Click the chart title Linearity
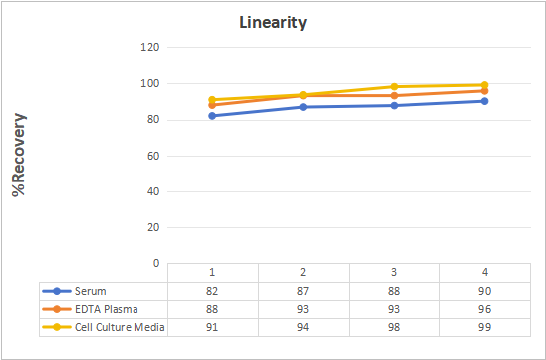point(273,23)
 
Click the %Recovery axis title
point(19,155)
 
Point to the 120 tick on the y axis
point(150,47)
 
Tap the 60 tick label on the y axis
point(153,156)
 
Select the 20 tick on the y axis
point(153,227)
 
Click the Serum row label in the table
point(91,291)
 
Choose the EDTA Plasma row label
point(107,309)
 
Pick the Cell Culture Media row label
point(120,327)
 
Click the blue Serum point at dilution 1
point(212,116)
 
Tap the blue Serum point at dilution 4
point(484,101)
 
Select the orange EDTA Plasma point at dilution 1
point(212,105)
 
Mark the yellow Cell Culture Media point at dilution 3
point(394,87)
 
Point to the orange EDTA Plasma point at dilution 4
point(484,91)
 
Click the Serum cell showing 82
point(212,291)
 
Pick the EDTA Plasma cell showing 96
point(484,309)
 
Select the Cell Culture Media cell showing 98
point(394,327)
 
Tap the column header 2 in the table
point(303,272)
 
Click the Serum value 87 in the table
point(303,291)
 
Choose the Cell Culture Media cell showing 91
point(212,327)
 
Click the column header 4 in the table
point(484,272)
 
